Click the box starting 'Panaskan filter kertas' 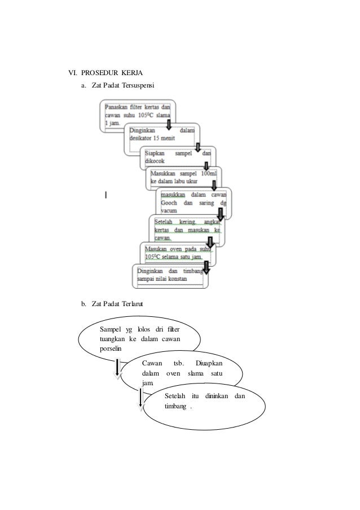(138, 115)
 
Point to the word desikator (141, 138)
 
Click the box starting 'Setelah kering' (186, 230)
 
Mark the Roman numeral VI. (72, 73)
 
